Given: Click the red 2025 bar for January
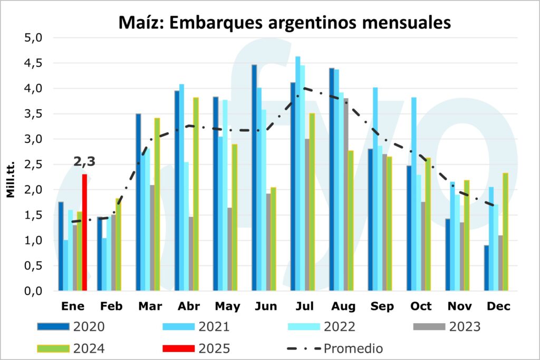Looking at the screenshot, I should pyautogui.click(x=84, y=232).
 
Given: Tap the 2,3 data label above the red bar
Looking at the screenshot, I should pyautogui.click(x=84, y=162).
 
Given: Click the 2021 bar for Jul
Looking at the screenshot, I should pyautogui.click(x=298, y=173).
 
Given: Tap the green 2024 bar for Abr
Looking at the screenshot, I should pyautogui.click(x=196, y=194).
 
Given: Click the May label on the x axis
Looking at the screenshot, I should pyautogui.click(x=227, y=306).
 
